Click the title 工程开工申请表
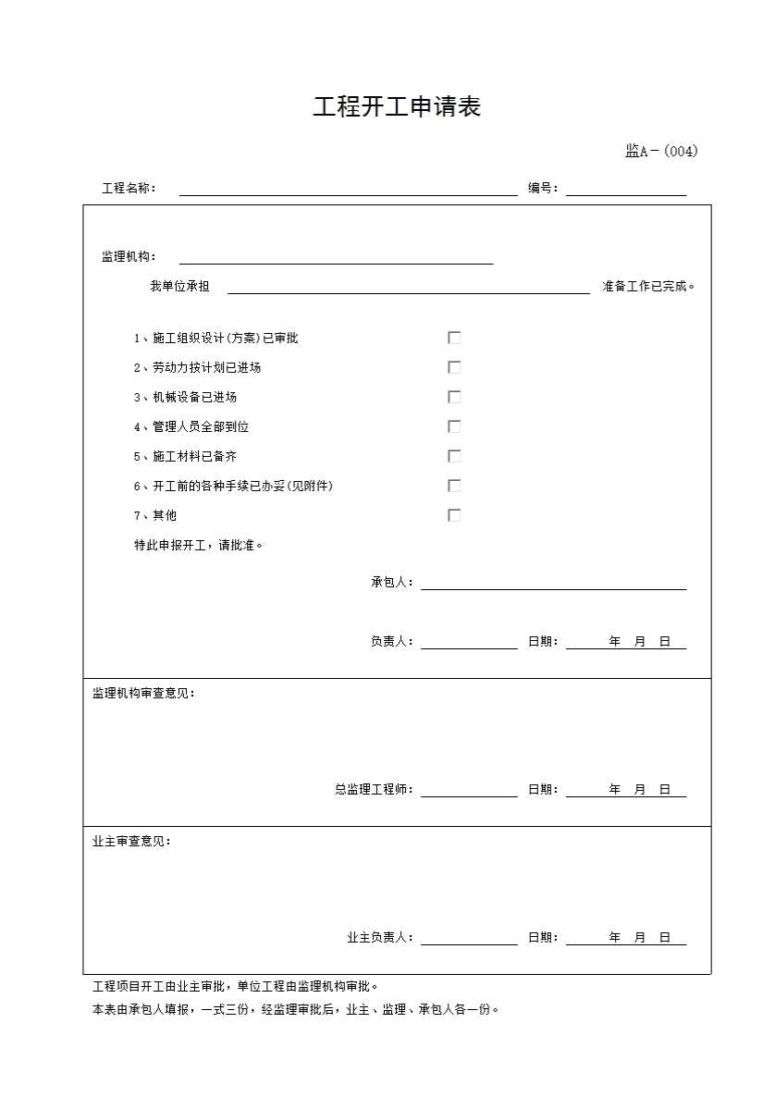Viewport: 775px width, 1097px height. click(397, 107)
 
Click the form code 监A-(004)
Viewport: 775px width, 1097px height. click(661, 152)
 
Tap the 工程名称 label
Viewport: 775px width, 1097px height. click(129, 189)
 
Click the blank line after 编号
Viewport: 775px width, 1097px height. click(626, 190)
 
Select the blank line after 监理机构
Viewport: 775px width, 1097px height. click(336, 258)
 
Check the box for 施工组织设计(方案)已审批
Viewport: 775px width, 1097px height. click(454, 338)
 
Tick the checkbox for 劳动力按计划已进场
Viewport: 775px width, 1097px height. click(454, 367)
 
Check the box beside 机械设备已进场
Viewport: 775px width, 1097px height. click(454, 397)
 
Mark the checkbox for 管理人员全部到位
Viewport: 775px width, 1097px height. click(454, 426)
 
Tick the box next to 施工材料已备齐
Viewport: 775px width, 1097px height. click(454, 456)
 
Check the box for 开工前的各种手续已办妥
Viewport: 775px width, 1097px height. click(454, 486)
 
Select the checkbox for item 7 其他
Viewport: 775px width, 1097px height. click(454, 515)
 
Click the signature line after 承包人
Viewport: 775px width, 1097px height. click(553, 584)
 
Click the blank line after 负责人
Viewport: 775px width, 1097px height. click(469, 643)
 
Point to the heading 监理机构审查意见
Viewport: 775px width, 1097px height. click(143, 694)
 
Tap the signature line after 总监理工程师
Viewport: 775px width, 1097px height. click(469, 791)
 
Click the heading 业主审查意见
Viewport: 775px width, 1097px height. click(131, 842)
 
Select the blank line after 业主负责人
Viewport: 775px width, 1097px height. click(469, 939)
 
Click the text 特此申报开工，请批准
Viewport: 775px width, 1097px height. click(198, 546)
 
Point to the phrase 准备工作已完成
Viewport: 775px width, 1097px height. click(648, 287)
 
